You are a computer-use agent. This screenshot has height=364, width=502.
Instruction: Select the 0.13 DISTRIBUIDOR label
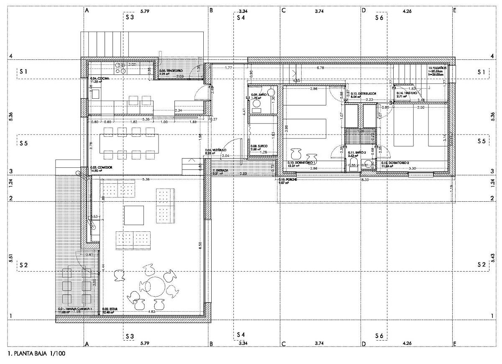click(x=363, y=94)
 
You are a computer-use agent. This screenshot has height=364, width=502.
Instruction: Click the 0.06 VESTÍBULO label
click(x=216, y=150)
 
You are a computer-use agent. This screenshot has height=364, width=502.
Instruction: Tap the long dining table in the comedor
click(x=125, y=143)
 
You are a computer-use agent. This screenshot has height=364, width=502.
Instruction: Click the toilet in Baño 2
click(x=353, y=163)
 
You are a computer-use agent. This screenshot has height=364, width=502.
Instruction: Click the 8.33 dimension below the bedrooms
click(x=365, y=179)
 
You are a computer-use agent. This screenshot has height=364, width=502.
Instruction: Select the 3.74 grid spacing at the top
click(x=319, y=11)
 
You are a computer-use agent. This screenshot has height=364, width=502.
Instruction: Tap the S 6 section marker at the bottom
click(x=379, y=336)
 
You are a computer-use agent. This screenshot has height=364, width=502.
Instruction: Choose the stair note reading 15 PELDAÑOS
click(x=437, y=67)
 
